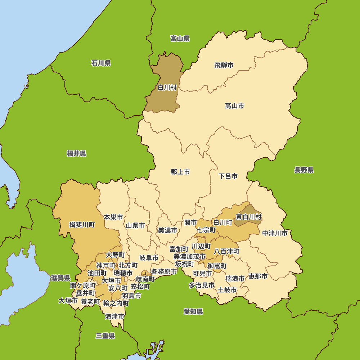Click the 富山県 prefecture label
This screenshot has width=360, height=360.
click(180, 39)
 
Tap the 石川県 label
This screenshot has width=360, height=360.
click(101, 63)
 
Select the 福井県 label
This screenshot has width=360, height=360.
click(77, 154)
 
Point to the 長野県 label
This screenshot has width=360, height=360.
click(304, 170)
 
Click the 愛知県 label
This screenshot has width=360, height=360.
click(193, 312)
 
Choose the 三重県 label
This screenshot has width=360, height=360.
click(105, 336)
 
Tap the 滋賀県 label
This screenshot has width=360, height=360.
click(60, 278)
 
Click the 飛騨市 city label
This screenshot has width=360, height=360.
click(224, 66)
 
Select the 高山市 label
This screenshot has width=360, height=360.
click(234, 106)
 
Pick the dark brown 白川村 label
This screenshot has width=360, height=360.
click(167, 87)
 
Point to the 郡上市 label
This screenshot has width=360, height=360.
click(180, 172)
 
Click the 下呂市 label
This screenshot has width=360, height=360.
click(228, 176)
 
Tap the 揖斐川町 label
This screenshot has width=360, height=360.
click(82, 225)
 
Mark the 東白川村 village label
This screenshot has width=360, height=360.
click(249, 217)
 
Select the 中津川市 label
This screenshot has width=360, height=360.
click(275, 233)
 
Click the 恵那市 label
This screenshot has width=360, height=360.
click(258, 276)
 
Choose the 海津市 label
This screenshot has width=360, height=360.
click(115, 317)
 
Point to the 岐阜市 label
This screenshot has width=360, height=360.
click(149, 258)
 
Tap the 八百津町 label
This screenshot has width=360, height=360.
click(227, 251)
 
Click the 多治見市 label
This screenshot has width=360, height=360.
click(202, 285)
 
